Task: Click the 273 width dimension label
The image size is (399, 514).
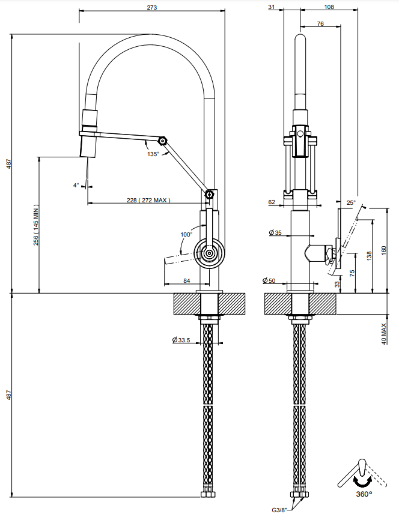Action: (x=152, y=7)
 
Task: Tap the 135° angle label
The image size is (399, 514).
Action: (x=153, y=154)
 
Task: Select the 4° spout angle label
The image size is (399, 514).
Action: (x=76, y=186)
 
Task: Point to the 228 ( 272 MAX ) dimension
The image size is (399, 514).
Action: (x=148, y=200)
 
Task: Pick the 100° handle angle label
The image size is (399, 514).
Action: (x=186, y=234)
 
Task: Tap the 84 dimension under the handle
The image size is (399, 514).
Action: (x=187, y=280)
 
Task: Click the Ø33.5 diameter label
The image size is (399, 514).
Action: (x=181, y=340)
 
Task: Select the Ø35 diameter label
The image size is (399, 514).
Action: (x=275, y=233)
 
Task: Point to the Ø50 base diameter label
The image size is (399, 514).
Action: (x=269, y=280)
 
